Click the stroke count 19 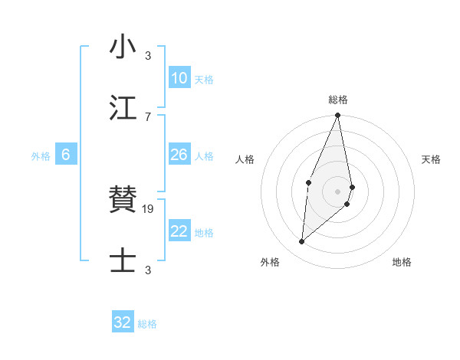coord(149,208)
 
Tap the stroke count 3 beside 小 coord(148,55)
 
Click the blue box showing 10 coord(179,78)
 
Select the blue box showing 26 coord(179,155)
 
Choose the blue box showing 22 coord(179,231)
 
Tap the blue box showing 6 coord(66,155)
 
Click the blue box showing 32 coord(123,322)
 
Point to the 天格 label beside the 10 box coord(204,79)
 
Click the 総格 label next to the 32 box coord(147,323)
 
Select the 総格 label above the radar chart coord(338,100)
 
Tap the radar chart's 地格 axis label coord(402,262)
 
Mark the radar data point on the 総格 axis coord(337,116)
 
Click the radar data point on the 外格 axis coord(302,242)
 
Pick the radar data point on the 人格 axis coord(308,182)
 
